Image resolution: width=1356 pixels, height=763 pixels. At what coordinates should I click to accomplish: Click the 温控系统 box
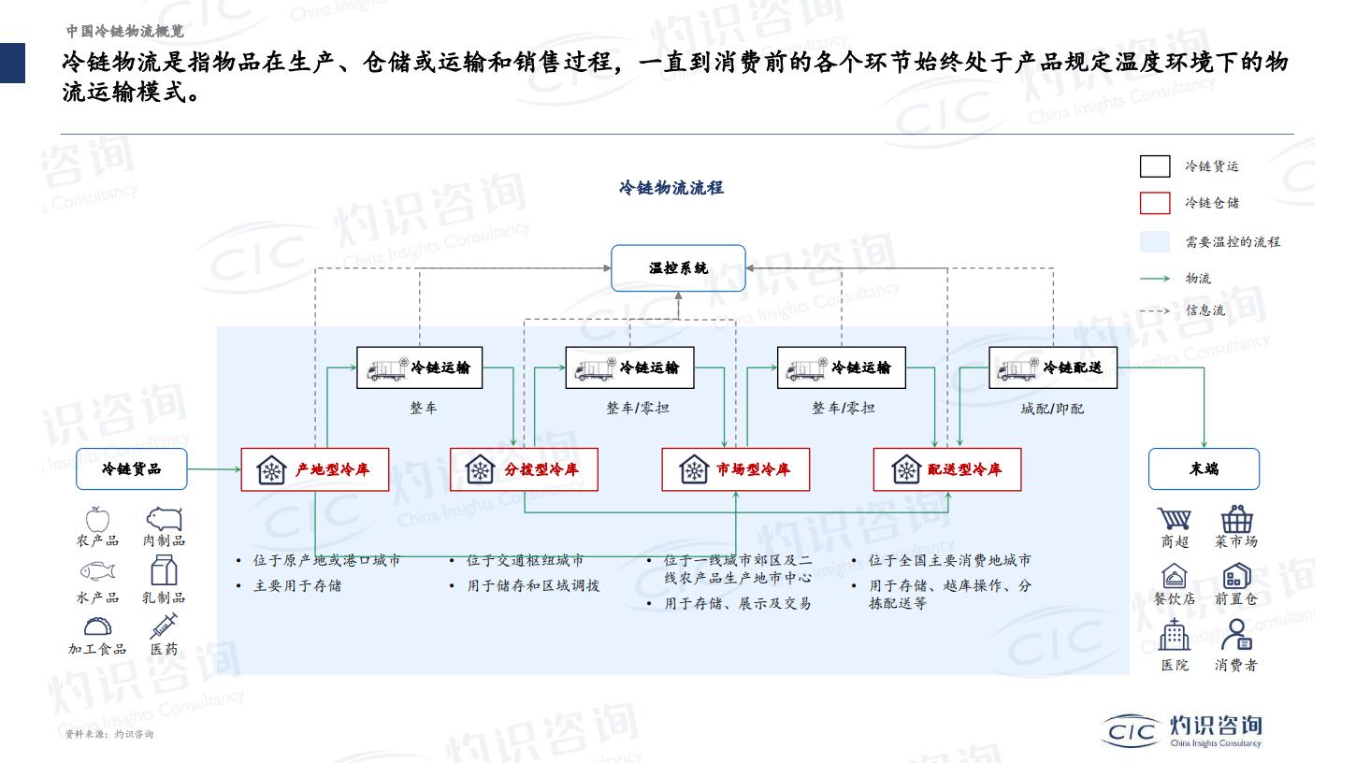click(x=678, y=268)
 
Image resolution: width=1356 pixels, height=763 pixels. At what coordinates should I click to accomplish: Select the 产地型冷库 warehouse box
click(x=315, y=469)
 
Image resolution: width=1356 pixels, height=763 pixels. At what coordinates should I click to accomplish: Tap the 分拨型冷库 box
click(x=525, y=469)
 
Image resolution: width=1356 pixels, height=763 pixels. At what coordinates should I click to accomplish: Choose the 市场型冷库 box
click(x=735, y=469)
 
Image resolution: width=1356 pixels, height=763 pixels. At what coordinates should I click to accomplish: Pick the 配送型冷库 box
click(x=947, y=469)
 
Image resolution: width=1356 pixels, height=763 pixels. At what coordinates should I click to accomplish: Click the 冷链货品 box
click(x=131, y=469)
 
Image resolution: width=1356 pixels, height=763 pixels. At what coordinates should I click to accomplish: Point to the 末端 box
click(x=1205, y=469)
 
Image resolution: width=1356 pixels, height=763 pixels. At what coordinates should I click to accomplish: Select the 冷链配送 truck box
click(x=1053, y=367)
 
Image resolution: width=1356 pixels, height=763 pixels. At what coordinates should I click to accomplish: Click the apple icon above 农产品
click(x=97, y=519)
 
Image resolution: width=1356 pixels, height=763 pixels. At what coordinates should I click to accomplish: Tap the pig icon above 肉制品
click(x=164, y=519)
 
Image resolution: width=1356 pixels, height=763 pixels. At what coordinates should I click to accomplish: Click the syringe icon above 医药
click(x=164, y=626)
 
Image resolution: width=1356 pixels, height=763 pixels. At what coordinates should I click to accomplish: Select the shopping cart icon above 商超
click(x=1175, y=519)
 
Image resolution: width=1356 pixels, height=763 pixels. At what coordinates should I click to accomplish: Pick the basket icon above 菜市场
click(x=1236, y=519)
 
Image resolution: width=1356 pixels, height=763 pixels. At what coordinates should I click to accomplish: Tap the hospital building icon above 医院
click(x=1175, y=635)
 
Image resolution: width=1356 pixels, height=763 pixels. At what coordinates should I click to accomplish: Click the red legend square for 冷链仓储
click(x=1155, y=203)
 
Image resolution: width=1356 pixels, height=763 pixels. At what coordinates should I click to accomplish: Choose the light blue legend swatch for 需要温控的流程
click(x=1155, y=241)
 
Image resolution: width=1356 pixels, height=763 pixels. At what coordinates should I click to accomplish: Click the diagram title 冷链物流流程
click(x=671, y=188)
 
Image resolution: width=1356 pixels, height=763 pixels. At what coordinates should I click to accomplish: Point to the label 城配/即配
click(x=1052, y=409)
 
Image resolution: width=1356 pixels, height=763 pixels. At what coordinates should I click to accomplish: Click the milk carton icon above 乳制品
click(x=164, y=571)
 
